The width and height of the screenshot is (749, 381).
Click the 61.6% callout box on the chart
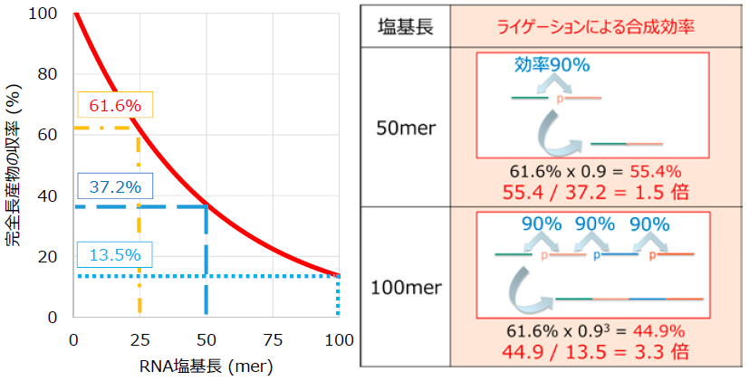coord(115,106)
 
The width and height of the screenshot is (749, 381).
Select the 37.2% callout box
coord(114,187)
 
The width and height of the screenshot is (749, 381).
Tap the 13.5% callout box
coord(114,253)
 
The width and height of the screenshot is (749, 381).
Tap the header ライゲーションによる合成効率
coord(595,24)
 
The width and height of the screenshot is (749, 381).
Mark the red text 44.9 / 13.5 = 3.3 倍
coord(595,349)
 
